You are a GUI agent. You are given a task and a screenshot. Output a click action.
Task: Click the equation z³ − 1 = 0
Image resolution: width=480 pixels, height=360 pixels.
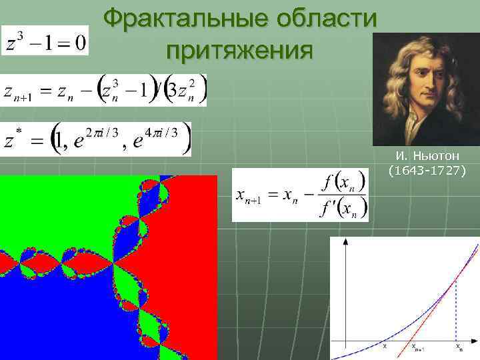pos(45,41)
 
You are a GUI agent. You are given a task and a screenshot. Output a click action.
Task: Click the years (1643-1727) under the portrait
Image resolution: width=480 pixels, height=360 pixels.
pos(427,170)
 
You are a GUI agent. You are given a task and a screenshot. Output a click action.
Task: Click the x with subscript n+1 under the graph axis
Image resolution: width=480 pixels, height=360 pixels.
pos(419,347)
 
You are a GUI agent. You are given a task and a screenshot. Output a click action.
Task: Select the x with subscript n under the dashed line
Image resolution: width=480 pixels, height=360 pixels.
pos(458,347)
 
